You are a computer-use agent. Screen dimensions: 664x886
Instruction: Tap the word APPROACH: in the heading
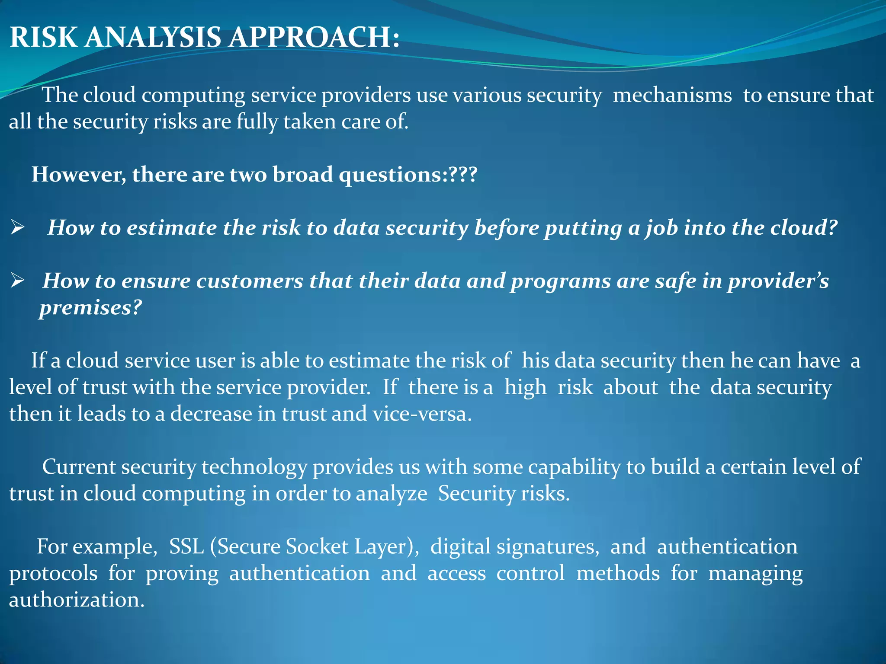(x=314, y=37)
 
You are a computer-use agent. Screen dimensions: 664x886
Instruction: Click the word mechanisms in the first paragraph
(x=672, y=95)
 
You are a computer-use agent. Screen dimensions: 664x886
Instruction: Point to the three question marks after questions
(x=463, y=175)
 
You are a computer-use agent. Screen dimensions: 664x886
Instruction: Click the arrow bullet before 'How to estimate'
(x=17, y=227)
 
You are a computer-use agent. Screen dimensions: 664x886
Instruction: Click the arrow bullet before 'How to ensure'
(x=17, y=281)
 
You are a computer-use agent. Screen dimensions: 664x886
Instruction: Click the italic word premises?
(x=90, y=308)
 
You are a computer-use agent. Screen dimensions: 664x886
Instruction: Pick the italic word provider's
(x=777, y=281)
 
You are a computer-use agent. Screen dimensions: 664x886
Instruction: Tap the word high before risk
(x=525, y=387)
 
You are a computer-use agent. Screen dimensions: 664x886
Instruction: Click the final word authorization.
(x=77, y=600)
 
